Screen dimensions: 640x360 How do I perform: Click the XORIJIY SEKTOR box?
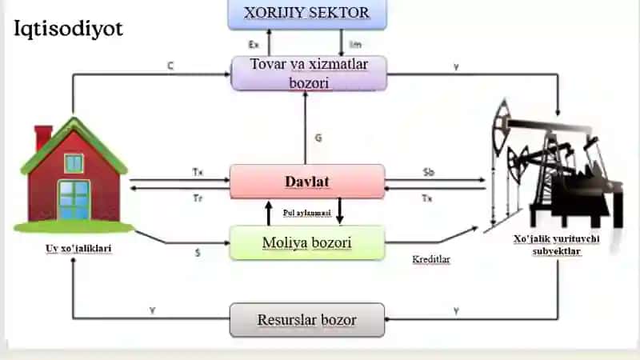click(x=307, y=14)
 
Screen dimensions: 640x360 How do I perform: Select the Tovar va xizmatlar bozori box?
click(x=309, y=74)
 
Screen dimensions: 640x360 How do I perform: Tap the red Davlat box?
click(x=307, y=182)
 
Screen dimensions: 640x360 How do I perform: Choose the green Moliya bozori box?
click(x=307, y=243)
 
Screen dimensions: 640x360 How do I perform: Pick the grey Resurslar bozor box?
click(x=307, y=320)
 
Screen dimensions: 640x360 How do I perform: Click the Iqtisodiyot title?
click(x=68, y=30)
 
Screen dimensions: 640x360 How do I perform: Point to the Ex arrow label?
click(x=254, y=45)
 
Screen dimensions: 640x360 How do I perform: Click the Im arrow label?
click(x=355, y=45)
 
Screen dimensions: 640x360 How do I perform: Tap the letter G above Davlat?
click(x=318, y=138)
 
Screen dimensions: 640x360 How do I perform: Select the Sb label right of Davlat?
click(x=429, y=172)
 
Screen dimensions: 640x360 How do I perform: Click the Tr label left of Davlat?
click(x=198, y=198)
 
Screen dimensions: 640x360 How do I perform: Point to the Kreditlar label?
click(x=431, y=259)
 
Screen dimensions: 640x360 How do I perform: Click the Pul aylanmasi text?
click(x=307, y=213)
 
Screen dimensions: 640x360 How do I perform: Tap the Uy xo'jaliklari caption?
click(x=78, y=249)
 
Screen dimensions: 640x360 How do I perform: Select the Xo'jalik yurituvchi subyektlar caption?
click(x=556, y=245)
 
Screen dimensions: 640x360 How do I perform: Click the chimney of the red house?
click(x=43, y=137)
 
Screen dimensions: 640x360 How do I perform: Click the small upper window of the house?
click(x=74, y=163)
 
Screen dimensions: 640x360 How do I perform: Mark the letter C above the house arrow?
click(x=170, y=66)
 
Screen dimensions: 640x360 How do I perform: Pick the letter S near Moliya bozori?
click(x=198, y=253)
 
